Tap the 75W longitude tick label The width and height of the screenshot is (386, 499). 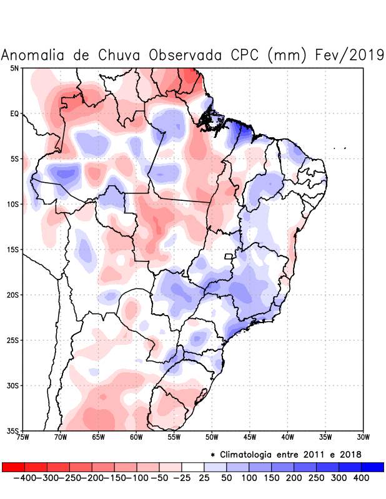click(x=23, y=437)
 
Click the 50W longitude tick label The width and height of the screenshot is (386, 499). click(x=212, y=437)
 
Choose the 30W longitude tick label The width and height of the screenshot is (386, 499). click(x=363, y=437)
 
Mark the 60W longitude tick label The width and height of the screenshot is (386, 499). click(x=136, y=437)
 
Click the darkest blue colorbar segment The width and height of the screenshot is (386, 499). click(x=372, y=467)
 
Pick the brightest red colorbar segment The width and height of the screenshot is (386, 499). click(x=13, y=467)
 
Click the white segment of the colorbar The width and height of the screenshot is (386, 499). click(x=193, y=467)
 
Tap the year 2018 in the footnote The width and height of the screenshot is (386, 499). click(x=350, y=454)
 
